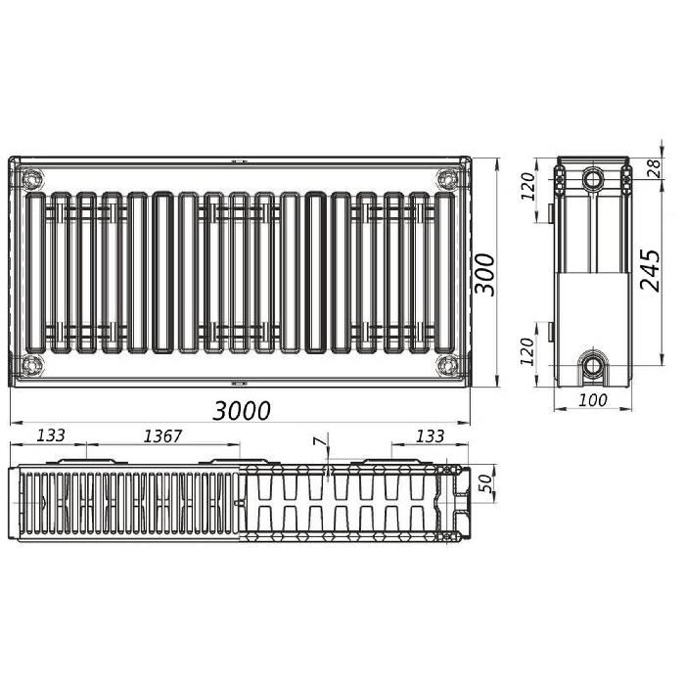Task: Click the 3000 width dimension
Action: [x=242, y=411]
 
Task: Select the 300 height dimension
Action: [x=485, y=274]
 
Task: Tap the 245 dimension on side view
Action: [x=650, y=270]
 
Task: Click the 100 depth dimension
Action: [x=593, y=399]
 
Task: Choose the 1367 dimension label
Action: [x=162, y=435]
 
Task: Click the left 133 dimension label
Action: [x=51, y=435]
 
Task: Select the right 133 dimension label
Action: [x=430, y=436]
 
